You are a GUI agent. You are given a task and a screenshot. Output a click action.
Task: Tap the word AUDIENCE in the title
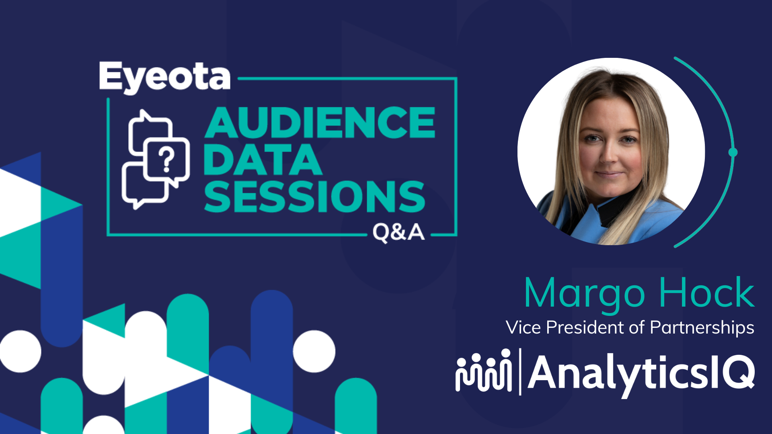point(320,123)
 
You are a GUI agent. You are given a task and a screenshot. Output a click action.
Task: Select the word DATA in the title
point(263,160)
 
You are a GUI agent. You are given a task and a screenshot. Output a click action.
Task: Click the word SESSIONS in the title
point(314,197)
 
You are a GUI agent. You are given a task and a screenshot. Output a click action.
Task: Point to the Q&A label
point(398,232)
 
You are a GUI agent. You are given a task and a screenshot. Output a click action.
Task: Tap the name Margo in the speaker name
point(585,295)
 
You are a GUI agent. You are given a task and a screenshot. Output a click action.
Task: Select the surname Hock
point(707,292)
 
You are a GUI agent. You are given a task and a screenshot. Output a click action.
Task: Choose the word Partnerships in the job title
point(702,328)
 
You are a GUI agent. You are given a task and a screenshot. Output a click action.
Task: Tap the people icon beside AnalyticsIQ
point(484,370)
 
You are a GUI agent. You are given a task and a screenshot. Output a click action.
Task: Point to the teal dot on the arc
point(733,152)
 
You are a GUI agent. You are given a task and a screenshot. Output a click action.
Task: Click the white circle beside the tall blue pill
point(314,351)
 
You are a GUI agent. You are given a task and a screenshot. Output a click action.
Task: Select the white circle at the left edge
point(20,351)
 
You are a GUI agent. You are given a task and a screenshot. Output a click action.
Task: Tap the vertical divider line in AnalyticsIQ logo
point(520,372)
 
